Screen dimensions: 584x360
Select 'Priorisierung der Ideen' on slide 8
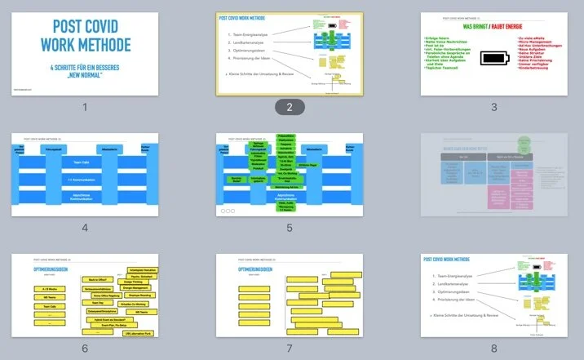tap(462, 300)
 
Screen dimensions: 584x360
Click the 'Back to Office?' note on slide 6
tap(97, 278)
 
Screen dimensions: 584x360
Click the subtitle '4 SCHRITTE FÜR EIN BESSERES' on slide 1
tap(85, 69)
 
